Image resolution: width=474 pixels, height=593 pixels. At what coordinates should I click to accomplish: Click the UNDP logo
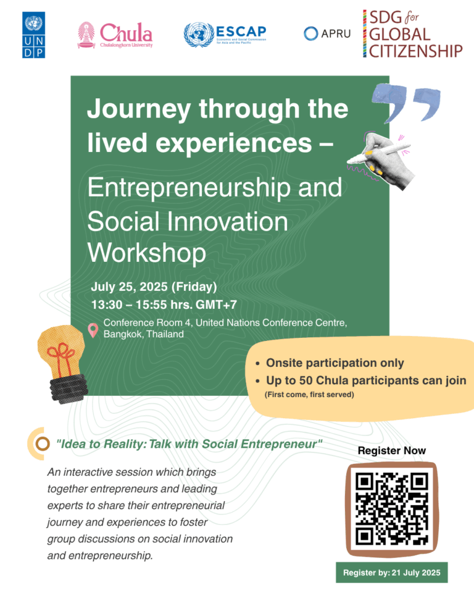(34, 35)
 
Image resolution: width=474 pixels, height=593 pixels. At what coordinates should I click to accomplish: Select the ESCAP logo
(225, 35)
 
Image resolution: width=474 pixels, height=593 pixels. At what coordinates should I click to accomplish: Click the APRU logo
(327, 33)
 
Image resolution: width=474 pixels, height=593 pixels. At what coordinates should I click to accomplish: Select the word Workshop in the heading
(147, 252)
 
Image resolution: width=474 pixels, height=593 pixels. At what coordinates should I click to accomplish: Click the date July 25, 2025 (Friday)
(154, 287)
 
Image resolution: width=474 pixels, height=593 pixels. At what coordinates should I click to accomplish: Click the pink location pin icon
(93, 330)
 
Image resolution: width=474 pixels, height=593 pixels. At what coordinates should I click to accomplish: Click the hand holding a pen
(376, 151)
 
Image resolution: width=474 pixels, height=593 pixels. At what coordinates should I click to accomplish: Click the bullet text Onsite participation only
(335, 363)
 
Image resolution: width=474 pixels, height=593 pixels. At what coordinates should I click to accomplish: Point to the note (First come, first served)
(309, 394)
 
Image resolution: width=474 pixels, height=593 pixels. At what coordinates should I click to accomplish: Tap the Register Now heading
(391, 450)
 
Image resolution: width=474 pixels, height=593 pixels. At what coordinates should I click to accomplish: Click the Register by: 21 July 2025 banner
(391, 573)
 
